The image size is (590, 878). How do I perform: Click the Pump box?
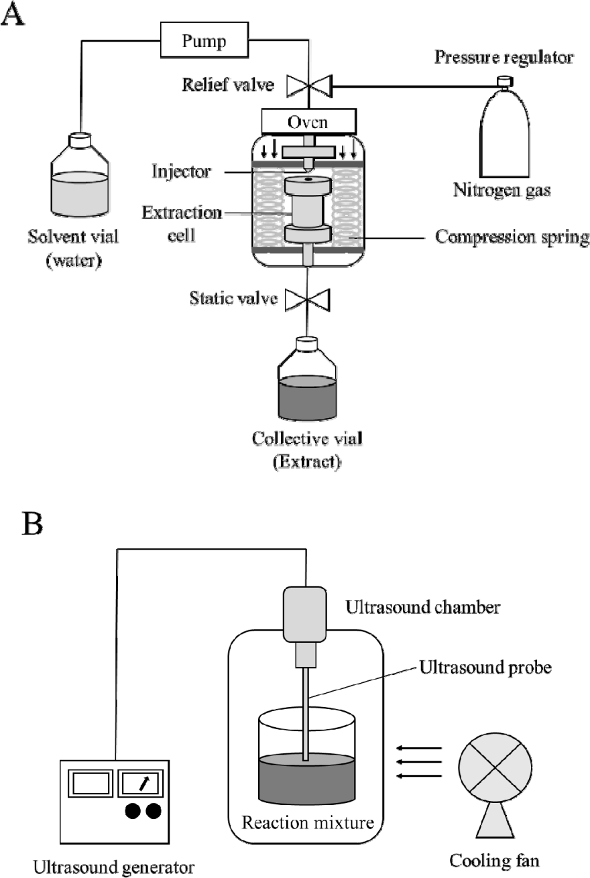(204, 41)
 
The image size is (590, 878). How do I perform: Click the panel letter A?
(14, 15)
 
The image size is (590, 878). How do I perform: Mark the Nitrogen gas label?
(501, 191)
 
